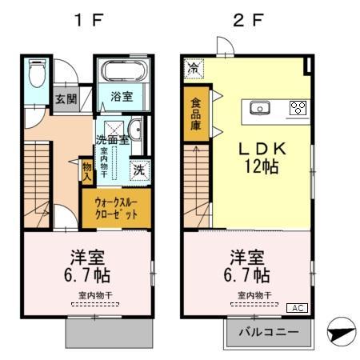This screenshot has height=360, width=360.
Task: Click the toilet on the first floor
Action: click(37, 75)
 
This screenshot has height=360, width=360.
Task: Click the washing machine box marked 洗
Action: click(138, 170)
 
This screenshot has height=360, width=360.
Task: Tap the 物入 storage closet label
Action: click(87, 171)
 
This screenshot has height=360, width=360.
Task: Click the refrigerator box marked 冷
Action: click(193, 69)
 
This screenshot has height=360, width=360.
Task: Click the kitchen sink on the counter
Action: click(262, 108)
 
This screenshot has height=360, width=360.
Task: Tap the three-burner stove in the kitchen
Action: click(298, 108)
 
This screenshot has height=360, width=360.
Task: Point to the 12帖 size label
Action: click(255, 168)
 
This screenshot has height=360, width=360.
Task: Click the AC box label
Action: click(295, 308)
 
